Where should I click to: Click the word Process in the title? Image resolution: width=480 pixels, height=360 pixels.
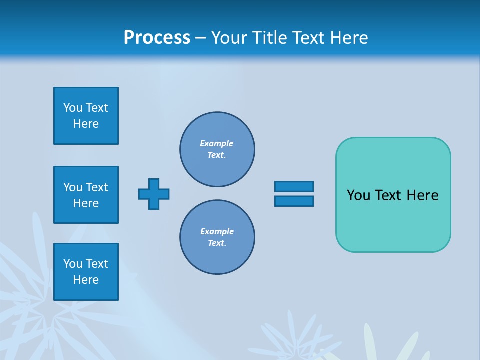pos(157,37)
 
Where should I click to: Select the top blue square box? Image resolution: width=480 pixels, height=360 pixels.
pos(86,116)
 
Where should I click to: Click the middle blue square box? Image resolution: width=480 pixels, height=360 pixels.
pos(86,195)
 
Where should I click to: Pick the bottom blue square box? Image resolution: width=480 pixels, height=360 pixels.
pos(86,272)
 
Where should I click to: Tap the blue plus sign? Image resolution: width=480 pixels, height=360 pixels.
pos(154,194)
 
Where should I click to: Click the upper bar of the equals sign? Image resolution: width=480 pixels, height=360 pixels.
pos(294,186)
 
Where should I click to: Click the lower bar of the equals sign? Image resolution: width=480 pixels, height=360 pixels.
pos(294,201)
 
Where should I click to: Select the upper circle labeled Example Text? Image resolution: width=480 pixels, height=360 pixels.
pos(217,149)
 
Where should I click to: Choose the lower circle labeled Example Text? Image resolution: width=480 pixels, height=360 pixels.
pos(217,237)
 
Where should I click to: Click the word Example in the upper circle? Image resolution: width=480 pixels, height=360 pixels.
pos(216,143)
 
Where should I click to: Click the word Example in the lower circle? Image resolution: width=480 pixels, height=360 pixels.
pos(217,231)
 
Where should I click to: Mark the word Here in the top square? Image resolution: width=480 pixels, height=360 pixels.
pos(86,124)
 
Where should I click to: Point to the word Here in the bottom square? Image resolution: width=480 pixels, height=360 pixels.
pos(86,280)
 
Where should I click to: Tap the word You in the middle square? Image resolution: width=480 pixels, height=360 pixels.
pos(73,187)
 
